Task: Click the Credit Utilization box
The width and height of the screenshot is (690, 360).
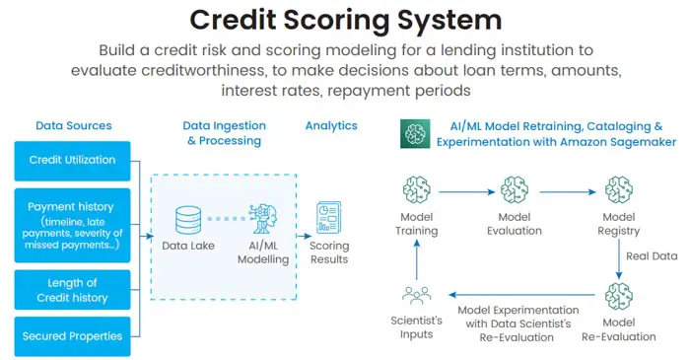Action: [73, 160]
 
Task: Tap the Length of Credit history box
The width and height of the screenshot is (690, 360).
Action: [73, 291]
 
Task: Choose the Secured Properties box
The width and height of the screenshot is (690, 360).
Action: [73, 335]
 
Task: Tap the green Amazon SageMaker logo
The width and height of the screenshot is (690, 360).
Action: [414, 133]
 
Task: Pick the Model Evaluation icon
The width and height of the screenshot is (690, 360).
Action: [515, 190]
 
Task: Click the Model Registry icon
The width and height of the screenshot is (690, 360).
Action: [618, 190]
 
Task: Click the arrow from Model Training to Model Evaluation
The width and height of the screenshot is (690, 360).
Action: [466, 191]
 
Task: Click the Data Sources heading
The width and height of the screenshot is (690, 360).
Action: [73, 125]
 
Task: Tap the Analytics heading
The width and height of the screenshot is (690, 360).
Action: [331, 125]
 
